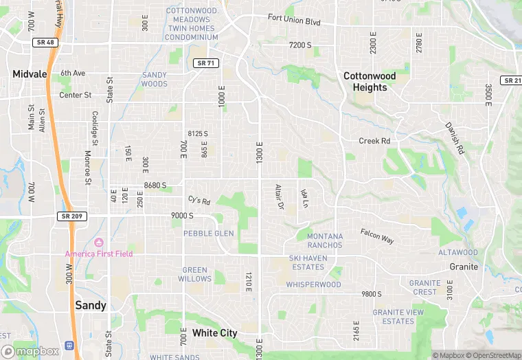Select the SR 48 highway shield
coord(43,43)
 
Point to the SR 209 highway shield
coord(69,216)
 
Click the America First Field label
coord(99,254)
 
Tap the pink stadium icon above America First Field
coord(98,242)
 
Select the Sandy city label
coord(90,305)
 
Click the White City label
coord(214,333)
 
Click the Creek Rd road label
coord(374,141)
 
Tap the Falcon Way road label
coord(377,236)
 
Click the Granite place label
coord(464,267)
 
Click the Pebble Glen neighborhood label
coord(208,234)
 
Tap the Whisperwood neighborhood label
coord(313,284)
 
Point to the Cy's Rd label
coord(198,200)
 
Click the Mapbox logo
coord(30,351)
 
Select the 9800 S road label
coord(371,294)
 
